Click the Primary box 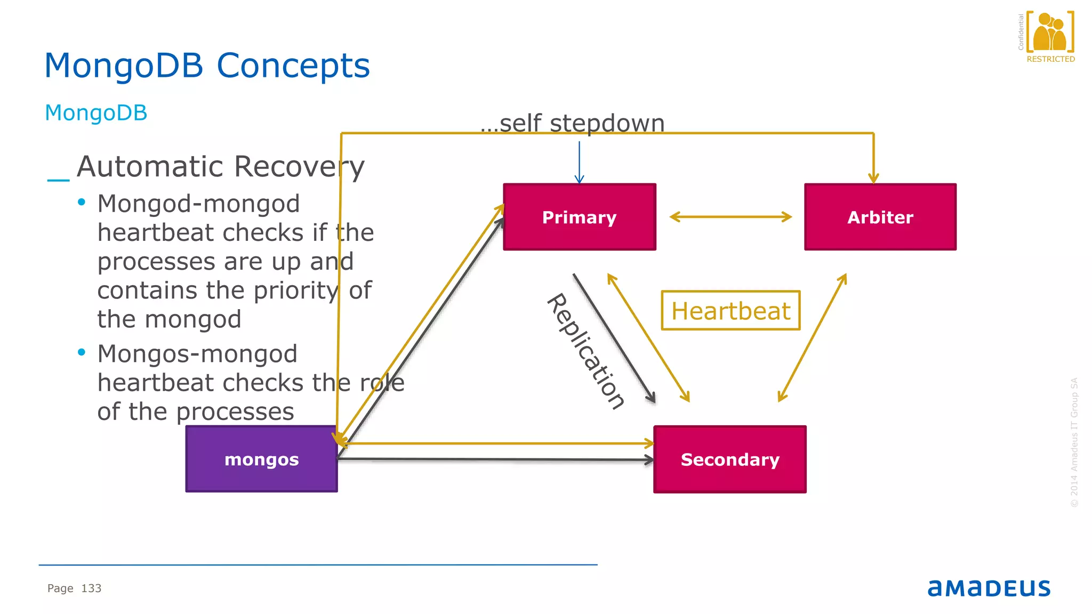pyautogui.click(x=579, y=217)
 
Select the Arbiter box pyautogui.click(x=880, y=217)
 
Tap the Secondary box pyautogui.click(x=729, y=459)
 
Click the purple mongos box pyautogui.click(x=261, y=459)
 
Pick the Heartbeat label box pyautogui.click(x=730, y=310)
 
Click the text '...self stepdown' pyautogui.click(x=572, y=123)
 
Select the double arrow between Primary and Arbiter pyautogui.click(x=730, y=216)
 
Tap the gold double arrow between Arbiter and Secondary pyautogui.click(x=812, y=337)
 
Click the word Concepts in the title pyautogui.click(x=293, y=66)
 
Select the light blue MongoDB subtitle pyautogui.click(x=96, y=112)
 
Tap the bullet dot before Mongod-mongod pyautogui.click(x=82, y=202)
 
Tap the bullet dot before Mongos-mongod pyautogui.click(x=82, y=352)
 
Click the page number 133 pyautogui.click(x=91, y=588)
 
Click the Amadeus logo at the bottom pyautogui.click(x=989, y=588)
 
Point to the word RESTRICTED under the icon pyautogui.click(x=1050, y=59)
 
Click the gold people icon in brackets pyautogui.click(x=1049, y=32)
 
